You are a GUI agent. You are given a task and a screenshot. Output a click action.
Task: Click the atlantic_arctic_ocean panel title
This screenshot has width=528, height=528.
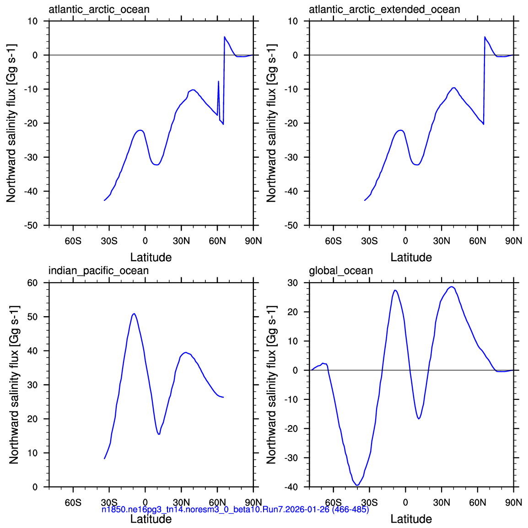pyautogui.click(x=99, y=10)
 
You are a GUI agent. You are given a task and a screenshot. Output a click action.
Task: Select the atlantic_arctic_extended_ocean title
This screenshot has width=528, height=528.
pyautogui.click(x=384, y=10)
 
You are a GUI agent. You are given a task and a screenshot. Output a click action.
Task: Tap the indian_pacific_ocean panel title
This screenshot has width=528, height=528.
pyautogui.click(x=98, y=271)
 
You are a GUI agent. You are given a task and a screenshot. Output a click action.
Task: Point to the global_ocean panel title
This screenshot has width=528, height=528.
pyautogui.click(x=341, y=271)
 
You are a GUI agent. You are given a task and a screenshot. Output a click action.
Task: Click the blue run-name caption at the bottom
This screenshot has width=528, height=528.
pyautogui.click(x=235, y=509)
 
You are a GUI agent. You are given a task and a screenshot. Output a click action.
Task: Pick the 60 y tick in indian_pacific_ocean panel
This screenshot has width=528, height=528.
pyautogui.click(x=32, y=283)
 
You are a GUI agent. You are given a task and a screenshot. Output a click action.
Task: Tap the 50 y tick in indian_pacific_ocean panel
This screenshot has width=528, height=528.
pyautogui.click(x=32, y=317)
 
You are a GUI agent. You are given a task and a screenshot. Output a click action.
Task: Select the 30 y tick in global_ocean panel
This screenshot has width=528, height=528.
pyautogui.click(x=293, y=283)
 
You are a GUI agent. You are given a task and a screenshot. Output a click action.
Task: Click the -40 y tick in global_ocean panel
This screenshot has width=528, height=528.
pyautogui.click(x=291, y=487)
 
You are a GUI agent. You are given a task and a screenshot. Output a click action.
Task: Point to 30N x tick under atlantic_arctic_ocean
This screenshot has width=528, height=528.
pyautogui.click(x=181, y=241)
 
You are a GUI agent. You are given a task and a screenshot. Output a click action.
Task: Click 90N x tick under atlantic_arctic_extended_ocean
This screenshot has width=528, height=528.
pyautogui.click(x=513, y=241)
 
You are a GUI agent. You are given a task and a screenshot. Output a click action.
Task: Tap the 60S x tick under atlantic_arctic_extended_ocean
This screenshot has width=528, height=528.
pyautogui.click(x=334, y=241)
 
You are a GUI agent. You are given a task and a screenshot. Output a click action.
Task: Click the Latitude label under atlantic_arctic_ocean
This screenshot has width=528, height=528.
pyautogui.click(x=151, y=258)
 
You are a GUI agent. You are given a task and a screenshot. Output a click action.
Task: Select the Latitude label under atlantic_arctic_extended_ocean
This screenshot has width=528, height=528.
pyautogui.click(x=411, y=258)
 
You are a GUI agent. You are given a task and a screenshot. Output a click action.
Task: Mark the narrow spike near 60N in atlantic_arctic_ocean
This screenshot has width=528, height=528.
pyautogui.click(x=219, y=81)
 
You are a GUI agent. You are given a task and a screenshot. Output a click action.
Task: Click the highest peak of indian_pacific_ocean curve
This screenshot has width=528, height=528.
pyautogui.click(x=134, y=313)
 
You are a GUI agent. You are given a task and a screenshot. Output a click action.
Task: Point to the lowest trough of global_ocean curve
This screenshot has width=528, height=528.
pyautogui.click(x=357, y=485)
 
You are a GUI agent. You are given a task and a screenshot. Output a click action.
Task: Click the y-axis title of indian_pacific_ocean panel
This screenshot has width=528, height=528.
pyautogui.click(x=14, y=385)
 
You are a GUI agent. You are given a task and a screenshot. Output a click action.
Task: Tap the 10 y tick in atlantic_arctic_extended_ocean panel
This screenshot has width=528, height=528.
pyautogui.click(x=293, y=21)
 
